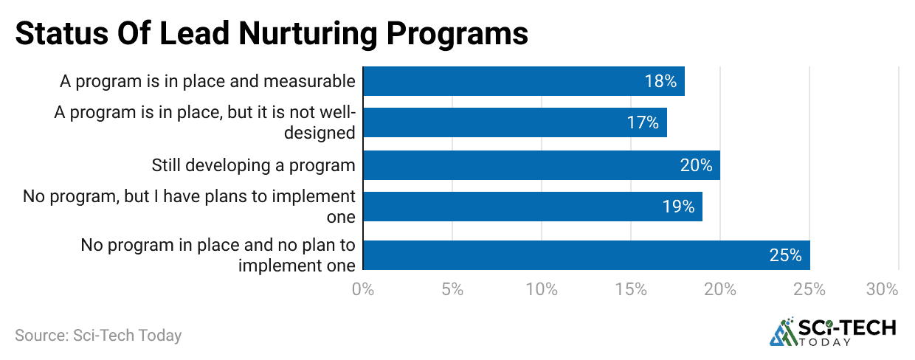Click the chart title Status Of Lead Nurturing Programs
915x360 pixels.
[x=272, y=34]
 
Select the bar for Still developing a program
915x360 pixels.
[x=541, y=165]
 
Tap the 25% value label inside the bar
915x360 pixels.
[x=785, y=255]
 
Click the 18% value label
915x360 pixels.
[x=660, y=81]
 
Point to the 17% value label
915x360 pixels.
[x=643, y=122]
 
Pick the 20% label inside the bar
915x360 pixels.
[x=696, y=165]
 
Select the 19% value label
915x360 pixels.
[x=678, y=207]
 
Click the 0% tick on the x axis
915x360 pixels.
[x=363, y=290]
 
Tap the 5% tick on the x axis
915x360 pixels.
[x=452, y=290]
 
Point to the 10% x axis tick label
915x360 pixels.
[x=542, y=290]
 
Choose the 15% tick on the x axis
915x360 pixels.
[x=631, y=290]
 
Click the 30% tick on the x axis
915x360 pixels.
[x=882, y=290]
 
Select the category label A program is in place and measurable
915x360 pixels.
[x=207, y=81]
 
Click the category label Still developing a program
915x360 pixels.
[x=253, y=165]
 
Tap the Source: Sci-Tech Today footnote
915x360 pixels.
[x=98, y=335]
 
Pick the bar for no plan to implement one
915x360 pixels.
[x=586, y=255]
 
